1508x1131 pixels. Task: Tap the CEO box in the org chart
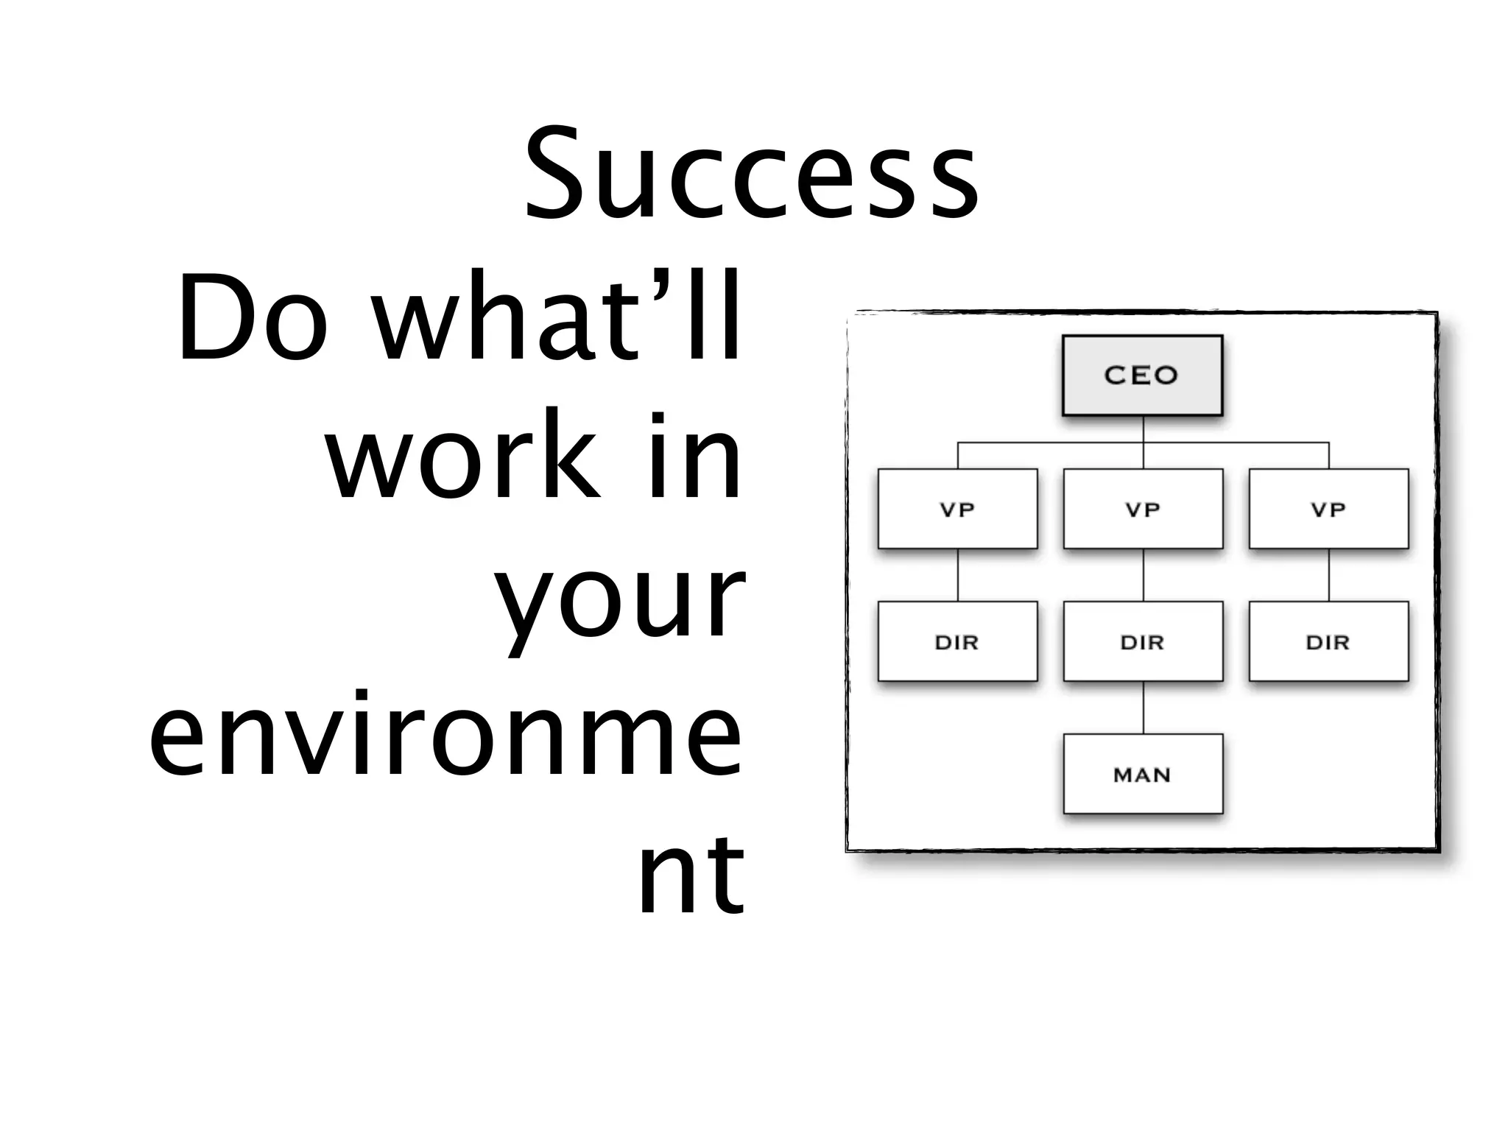click(1142, 376)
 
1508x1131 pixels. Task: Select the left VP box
click(957, 509)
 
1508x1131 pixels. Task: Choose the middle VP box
click(1143, 509)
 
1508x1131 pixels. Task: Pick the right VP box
click(1328, 509)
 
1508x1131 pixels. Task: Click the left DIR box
click(957, 641)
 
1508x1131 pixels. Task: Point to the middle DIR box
click(1143, 641)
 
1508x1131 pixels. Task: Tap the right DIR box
click(1328, 641)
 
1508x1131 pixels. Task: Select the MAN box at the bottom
click(1143, 774)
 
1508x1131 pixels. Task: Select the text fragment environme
click(445, 733)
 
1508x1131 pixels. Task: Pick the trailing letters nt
click(691, 873)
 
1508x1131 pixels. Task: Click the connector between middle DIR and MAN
click(1144, 708)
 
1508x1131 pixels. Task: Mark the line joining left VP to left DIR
click(958, 575)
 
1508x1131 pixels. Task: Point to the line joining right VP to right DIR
click(1329, 575)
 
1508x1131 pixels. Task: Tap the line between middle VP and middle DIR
click(1144, 575)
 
